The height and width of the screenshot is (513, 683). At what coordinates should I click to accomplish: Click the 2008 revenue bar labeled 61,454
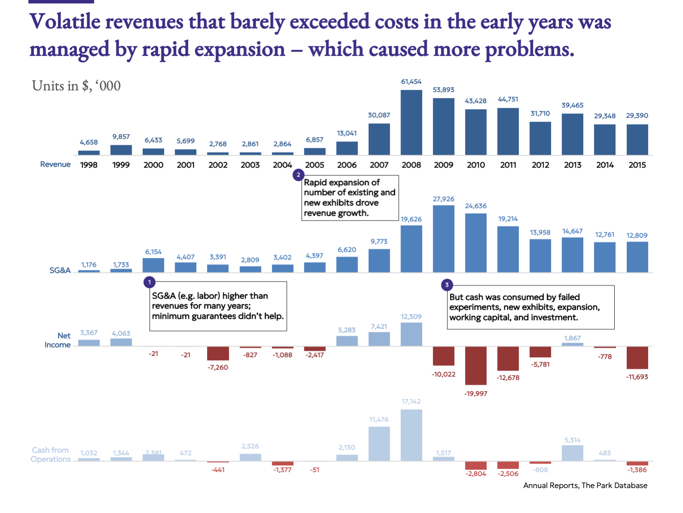[411, 123]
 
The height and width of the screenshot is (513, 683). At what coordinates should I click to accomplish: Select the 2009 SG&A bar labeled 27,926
[444, 239]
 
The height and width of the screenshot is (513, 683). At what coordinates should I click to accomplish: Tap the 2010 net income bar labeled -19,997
[476, 365]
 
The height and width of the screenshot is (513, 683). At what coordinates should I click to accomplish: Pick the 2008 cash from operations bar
[411, 435]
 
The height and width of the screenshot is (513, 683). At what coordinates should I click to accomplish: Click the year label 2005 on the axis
[315, 165]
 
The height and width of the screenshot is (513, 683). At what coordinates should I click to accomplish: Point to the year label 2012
[540, 165]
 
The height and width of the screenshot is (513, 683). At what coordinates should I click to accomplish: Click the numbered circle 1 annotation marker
[149, 282]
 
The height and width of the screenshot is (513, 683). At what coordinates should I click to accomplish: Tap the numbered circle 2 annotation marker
[298, 175]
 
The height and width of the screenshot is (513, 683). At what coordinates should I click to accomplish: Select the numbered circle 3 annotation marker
[447, 285]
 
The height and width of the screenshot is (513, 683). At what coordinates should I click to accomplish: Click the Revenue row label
[55, 164]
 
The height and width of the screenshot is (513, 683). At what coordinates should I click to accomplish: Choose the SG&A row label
[60, 270]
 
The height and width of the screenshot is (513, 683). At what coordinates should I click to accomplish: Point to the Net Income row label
[58, 340]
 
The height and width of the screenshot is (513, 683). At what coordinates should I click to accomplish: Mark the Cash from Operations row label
[51, 454]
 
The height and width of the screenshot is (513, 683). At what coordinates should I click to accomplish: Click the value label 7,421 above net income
[379, 327]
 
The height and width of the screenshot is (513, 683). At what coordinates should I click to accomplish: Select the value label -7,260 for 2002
[218, 368]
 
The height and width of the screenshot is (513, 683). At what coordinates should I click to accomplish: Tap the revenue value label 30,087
[379, 115]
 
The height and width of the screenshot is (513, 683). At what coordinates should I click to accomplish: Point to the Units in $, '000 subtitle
[77, 86]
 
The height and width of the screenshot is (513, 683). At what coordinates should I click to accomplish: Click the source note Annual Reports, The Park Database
[585, 485]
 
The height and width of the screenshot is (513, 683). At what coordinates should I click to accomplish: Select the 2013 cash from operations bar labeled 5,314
[573, 453]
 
